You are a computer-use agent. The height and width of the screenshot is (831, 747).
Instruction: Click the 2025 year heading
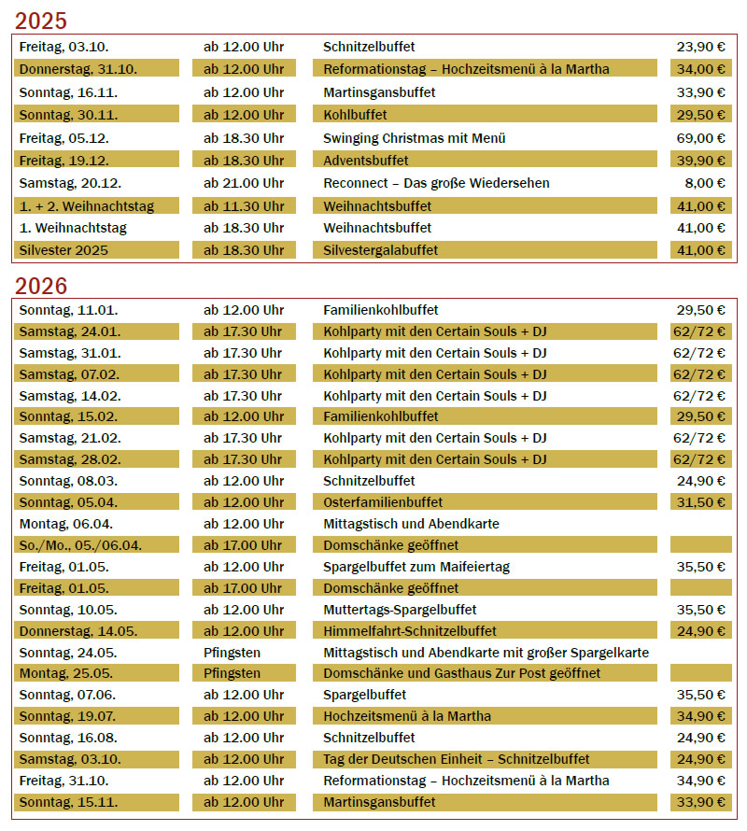point(41,20)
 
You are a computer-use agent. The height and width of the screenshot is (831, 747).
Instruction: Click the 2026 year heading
point(41,285)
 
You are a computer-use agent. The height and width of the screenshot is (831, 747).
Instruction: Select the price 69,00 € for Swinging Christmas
point(702,138)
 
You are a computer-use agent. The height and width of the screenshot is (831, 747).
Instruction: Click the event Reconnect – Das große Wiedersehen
point(436,183)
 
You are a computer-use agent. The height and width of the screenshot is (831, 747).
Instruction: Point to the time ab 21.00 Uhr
point(244,183)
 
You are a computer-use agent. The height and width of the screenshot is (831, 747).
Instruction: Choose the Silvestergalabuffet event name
point(380,250)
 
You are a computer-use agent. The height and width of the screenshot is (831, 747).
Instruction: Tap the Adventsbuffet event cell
point(365,161)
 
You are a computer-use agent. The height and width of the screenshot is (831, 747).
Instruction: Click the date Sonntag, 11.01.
point(68,310)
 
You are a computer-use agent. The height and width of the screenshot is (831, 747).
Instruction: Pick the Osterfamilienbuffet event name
point(383,502)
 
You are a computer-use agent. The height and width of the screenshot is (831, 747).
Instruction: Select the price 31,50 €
point(702,502)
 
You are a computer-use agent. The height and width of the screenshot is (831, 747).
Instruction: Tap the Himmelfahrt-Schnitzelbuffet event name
point(410,631)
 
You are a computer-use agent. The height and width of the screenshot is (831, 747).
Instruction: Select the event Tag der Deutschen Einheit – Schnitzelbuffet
point(457,759)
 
